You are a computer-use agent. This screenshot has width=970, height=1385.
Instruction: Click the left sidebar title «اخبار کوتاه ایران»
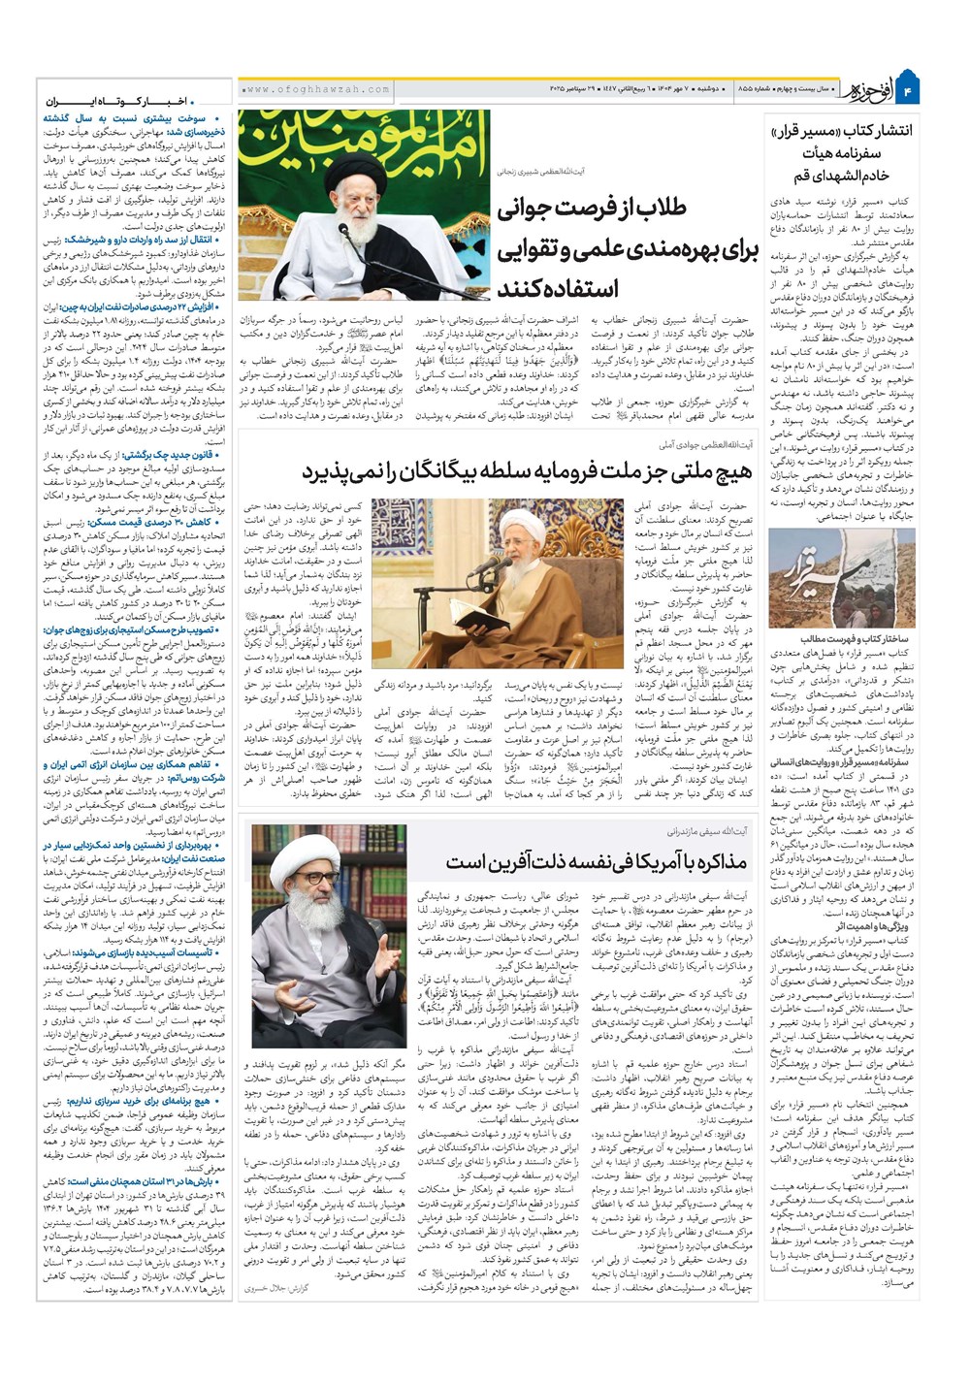pos(123,101)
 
